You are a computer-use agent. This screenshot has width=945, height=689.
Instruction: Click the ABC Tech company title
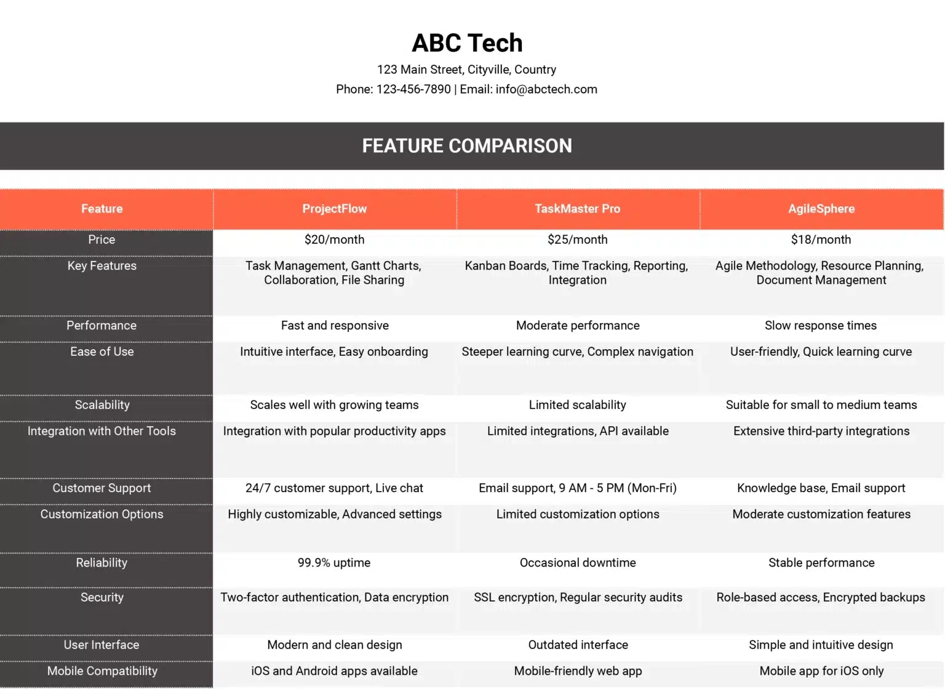pos(467,43)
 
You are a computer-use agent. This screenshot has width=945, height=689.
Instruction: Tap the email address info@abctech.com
pos(546,89)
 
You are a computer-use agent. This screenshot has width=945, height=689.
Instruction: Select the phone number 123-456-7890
pos(413,89)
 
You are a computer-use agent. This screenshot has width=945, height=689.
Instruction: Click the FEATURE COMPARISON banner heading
pos(467,146)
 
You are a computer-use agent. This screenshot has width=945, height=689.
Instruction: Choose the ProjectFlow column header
pos(334,209)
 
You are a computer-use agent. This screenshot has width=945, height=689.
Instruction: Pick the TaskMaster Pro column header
pos(577,209)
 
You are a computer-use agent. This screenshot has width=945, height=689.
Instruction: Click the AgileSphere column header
pos(821,209)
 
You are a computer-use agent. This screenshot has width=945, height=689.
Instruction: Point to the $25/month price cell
pos(577,240)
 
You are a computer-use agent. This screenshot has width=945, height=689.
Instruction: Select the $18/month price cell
pos(821,240)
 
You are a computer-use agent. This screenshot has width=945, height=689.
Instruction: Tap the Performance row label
pos(102,326)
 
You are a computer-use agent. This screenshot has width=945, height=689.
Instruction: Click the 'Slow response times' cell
pos(821,326)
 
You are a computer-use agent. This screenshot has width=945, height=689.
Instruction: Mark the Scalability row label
pos(102,405)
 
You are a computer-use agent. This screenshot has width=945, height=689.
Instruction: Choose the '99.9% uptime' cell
pos(334,563)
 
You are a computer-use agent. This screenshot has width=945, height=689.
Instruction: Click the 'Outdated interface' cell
pos(578,645)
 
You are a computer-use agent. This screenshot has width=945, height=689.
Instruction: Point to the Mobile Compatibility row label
pos(102,671)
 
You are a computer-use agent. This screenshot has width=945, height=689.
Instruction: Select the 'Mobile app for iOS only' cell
pos(821,671)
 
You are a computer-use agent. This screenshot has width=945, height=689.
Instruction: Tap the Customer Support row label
pos(102,488)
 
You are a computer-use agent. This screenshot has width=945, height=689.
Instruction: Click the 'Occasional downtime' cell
pos(578,563)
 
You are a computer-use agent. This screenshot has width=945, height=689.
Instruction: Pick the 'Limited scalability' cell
pos(577,405)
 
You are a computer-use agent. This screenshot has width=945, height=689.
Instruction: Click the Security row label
pos(102,597)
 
